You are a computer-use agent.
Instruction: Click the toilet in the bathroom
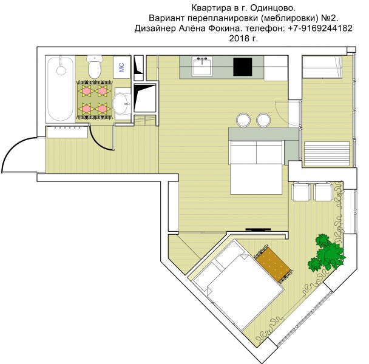click(x=94, y=67)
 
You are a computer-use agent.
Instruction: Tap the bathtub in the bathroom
click(x=60, y=89)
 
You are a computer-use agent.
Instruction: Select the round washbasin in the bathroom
click(x=121, y=104)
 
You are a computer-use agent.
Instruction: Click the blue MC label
click(x=121, y=67)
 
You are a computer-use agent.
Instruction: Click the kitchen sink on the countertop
click(x=202, y=66)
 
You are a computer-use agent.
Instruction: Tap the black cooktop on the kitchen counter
click(x=243, y=67)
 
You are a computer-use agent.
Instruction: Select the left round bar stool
click(x=243, y=120)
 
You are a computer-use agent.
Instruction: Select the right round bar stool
click(x=263, y=120)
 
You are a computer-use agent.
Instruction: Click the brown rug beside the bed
click(x=274, y=263)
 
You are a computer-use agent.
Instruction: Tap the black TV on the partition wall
click(x=258, y=229)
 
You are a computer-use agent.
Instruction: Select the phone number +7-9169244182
click(x=320, y=29)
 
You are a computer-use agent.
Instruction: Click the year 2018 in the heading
click(x=238, y=38)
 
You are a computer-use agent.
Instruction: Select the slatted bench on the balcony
click(x=327, y=153)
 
